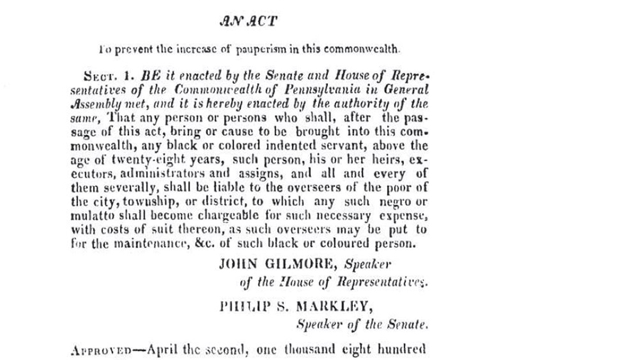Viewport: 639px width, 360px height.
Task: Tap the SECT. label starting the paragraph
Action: (90, 73)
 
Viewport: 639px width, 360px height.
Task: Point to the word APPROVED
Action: (102, 350)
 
